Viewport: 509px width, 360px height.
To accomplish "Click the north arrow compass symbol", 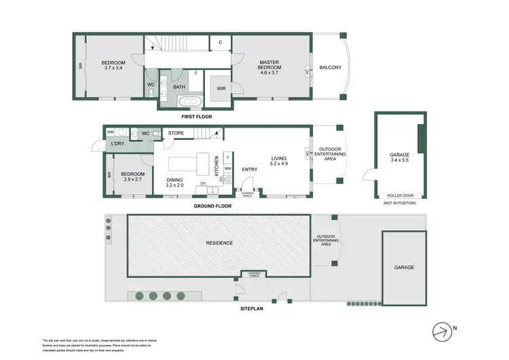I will [x=442, y=330].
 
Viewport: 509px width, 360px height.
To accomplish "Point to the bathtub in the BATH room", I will [x=186, y=102].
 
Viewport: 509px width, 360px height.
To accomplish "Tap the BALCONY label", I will [x=331, y=67].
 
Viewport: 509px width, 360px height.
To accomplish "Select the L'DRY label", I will [x=116, y=143].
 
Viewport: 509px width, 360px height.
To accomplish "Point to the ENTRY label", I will [x=249, y=169].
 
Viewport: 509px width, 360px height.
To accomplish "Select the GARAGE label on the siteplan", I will [x=405, y=268].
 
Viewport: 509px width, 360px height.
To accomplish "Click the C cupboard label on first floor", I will [x=221, y=42].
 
